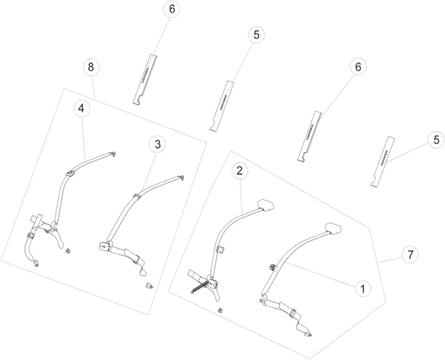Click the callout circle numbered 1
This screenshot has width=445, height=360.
363,289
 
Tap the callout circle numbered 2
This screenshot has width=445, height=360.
240,171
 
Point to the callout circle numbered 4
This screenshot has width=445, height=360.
82,108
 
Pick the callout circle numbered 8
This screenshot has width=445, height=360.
90,67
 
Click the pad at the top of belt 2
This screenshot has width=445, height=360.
265,205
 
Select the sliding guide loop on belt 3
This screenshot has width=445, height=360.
136,196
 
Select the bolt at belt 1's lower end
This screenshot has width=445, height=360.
309,335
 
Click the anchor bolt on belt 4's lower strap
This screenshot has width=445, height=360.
36,263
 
